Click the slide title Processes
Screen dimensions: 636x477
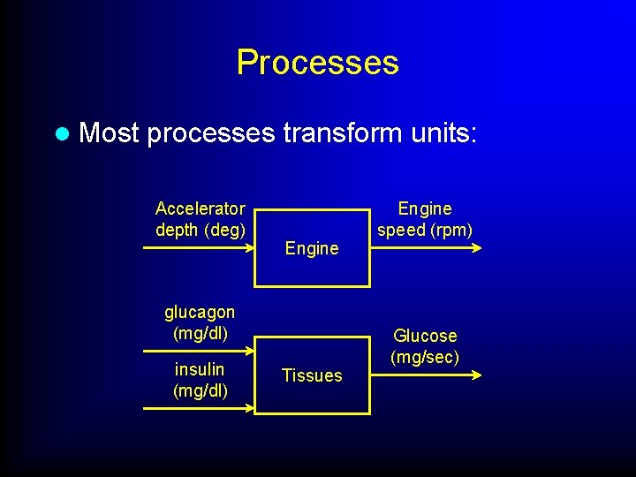click(317, 63)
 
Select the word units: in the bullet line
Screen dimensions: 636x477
click(443, 133)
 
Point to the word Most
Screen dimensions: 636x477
click(110, 133)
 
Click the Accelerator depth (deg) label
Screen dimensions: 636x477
click(200, 219)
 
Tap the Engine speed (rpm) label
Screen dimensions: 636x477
click(425, 219)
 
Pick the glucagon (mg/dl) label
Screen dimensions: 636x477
click(200, 322)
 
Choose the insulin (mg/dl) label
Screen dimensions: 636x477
click(200, 380)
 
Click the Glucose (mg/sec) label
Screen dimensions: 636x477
click(425, 346)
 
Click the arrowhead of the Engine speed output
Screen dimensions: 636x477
click(477, 248)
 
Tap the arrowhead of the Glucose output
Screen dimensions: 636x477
click(477, 375)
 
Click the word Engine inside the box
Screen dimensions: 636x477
click(312, 248)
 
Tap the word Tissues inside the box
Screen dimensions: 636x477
click(312, 375)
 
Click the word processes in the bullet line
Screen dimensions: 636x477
click(211, 134)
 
